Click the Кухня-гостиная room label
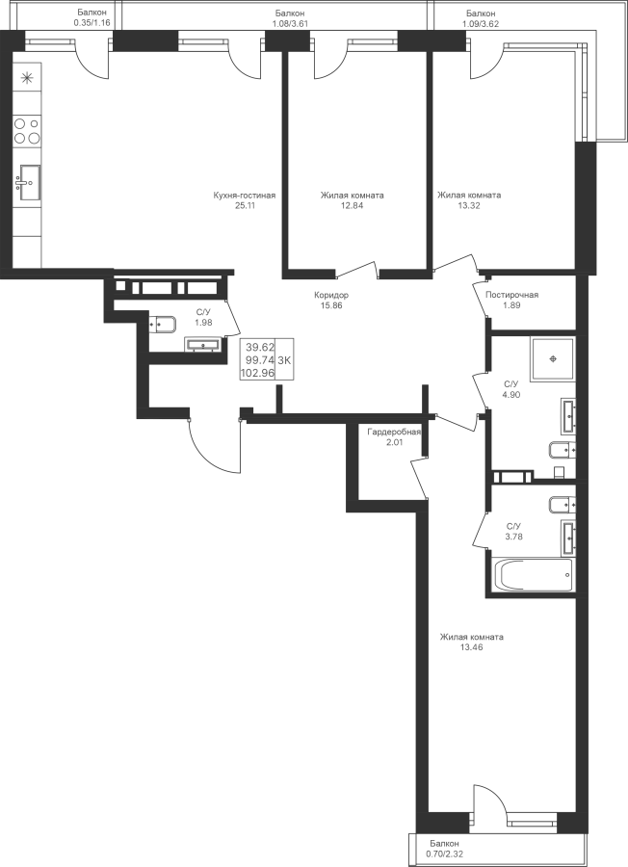tap(245, 196)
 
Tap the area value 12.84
tap(353, 206)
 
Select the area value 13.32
tap(469, 206)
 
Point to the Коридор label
tap(331, 296)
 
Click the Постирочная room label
tap(511, 295)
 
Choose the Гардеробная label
tap(394, 432)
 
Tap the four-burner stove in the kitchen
tap(27, 130)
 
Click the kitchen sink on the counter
tap(27, 182)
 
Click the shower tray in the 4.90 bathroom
tap(553, 359)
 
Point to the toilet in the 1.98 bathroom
tap(162, 324)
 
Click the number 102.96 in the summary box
tap(257, 373)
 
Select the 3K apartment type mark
tap(284, 360)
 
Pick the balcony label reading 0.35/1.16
tap(92, 23)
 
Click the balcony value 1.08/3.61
tap(290, 23)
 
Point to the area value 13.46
tap(472, 647)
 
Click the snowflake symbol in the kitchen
tap(26, 78)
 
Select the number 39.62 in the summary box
tap(260, 348)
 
